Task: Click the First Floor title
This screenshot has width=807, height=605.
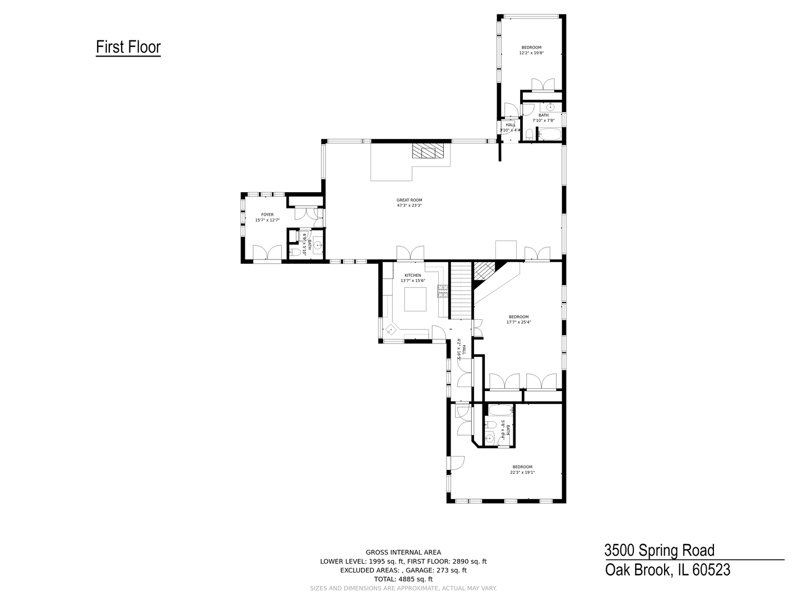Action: click(128, 47)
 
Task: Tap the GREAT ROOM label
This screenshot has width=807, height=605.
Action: click(409, 200)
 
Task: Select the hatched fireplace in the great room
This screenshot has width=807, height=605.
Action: click(428, 151)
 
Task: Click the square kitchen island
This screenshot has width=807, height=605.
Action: click(415, 299)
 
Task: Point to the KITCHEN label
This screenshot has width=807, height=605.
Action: click(413, 275)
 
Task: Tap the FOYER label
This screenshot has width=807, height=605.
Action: click(267, 215)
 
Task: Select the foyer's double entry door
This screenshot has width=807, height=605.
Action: click(267, 253)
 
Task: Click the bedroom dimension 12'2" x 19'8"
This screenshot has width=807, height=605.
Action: click(531, 53)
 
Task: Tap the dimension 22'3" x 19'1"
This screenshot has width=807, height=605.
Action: click(522, 472)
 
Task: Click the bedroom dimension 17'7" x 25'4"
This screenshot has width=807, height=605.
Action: click(518, 322)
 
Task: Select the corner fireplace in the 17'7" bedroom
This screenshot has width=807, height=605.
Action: click(484, 271)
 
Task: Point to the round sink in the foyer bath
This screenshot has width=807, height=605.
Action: click(317, 245)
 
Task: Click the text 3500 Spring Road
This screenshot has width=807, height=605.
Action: click(660, 550)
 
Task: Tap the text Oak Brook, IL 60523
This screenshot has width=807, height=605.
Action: click(667, 570)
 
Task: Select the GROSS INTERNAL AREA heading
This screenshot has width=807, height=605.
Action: click(403, 552)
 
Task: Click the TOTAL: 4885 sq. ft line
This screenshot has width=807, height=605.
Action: click(403, 579)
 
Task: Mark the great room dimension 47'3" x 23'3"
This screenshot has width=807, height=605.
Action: click(409, 206)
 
